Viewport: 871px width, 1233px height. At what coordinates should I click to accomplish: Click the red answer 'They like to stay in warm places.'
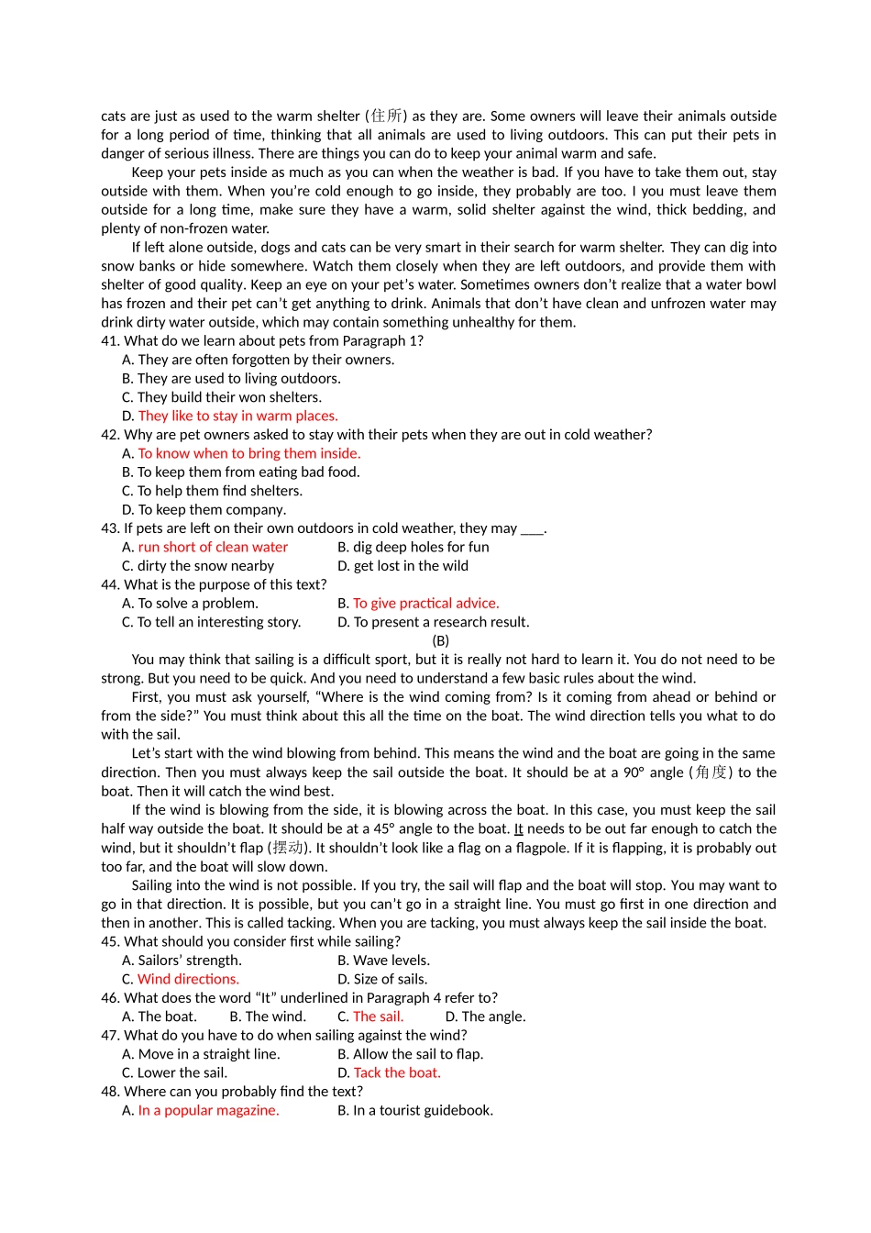237,416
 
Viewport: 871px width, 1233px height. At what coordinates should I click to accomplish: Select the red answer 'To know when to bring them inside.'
248,453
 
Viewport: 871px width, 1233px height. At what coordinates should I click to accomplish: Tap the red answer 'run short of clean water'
213,547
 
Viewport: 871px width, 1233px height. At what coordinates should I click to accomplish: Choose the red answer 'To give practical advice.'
426,603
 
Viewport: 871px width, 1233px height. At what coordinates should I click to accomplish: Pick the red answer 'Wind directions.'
188,979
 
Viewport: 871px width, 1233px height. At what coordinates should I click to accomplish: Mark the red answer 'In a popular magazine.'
208,1110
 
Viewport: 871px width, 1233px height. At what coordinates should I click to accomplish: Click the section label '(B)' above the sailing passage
440,640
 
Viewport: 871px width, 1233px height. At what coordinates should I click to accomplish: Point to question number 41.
110,340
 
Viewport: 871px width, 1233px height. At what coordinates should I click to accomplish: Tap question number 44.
110,584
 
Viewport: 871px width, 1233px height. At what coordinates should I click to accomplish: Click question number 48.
110,1091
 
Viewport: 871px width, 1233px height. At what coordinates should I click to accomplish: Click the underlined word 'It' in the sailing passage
518,828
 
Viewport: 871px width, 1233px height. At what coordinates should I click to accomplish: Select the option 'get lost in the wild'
411,566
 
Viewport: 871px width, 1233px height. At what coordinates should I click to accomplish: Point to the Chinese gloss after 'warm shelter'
386,116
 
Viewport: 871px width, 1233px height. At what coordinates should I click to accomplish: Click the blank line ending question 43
532,529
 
